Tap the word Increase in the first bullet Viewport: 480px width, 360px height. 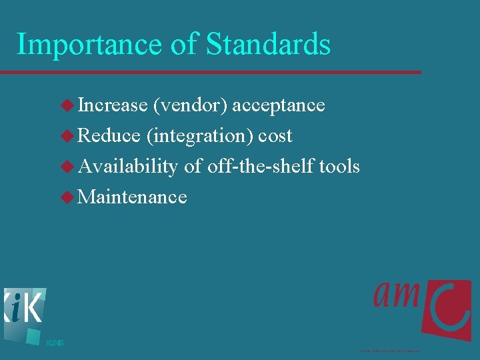(113, 105)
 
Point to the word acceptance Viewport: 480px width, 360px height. (278, 105)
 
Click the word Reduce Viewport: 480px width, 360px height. (109, 136)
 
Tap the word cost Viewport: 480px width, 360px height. (275, 136)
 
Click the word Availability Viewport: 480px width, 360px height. (128, 167)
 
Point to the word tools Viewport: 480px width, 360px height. (339, 166)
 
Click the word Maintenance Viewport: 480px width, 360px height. (133, 197)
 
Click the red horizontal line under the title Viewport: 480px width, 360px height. (210, 72)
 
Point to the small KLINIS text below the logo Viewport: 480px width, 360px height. (55, 343)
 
